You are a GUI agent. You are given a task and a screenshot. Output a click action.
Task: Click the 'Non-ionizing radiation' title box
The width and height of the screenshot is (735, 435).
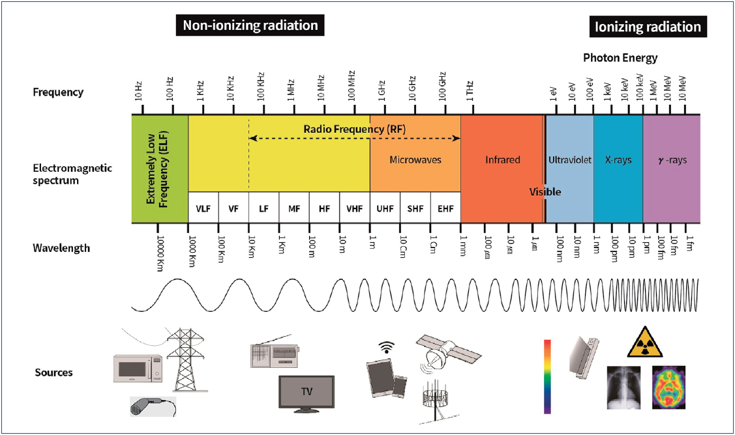250,25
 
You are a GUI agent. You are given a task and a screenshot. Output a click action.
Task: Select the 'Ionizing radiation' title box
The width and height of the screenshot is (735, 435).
648,27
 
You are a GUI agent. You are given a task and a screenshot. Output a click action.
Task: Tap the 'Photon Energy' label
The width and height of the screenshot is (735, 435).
620,58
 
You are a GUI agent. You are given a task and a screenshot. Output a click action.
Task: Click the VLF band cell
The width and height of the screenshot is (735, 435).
203,208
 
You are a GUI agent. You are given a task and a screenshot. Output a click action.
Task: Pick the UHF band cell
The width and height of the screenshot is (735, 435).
385,208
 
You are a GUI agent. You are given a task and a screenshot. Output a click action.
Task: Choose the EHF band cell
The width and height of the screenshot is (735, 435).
445,208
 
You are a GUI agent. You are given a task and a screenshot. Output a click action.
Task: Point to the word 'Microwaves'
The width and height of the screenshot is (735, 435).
415,160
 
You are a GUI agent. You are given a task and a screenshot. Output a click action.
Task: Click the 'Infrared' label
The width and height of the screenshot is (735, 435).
502,160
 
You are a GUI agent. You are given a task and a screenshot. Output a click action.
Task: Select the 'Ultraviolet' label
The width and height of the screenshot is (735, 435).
570,160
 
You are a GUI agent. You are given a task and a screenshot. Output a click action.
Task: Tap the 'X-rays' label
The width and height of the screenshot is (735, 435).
618,160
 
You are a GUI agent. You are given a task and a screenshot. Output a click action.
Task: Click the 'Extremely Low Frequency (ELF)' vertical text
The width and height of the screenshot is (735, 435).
157,169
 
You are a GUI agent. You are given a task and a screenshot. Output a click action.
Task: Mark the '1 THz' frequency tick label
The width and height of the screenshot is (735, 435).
470,91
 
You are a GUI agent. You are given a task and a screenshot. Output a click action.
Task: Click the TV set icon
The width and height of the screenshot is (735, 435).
307,394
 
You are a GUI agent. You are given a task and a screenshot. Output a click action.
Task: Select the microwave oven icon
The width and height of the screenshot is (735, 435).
138,368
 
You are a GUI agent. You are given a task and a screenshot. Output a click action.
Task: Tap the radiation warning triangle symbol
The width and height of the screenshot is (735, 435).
645,343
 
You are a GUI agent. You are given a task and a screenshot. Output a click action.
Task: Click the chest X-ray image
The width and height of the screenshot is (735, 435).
623,387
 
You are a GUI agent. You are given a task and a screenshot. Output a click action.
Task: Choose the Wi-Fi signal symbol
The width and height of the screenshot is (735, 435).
386,348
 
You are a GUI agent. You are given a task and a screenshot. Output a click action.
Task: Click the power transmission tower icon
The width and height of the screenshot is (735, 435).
185,359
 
